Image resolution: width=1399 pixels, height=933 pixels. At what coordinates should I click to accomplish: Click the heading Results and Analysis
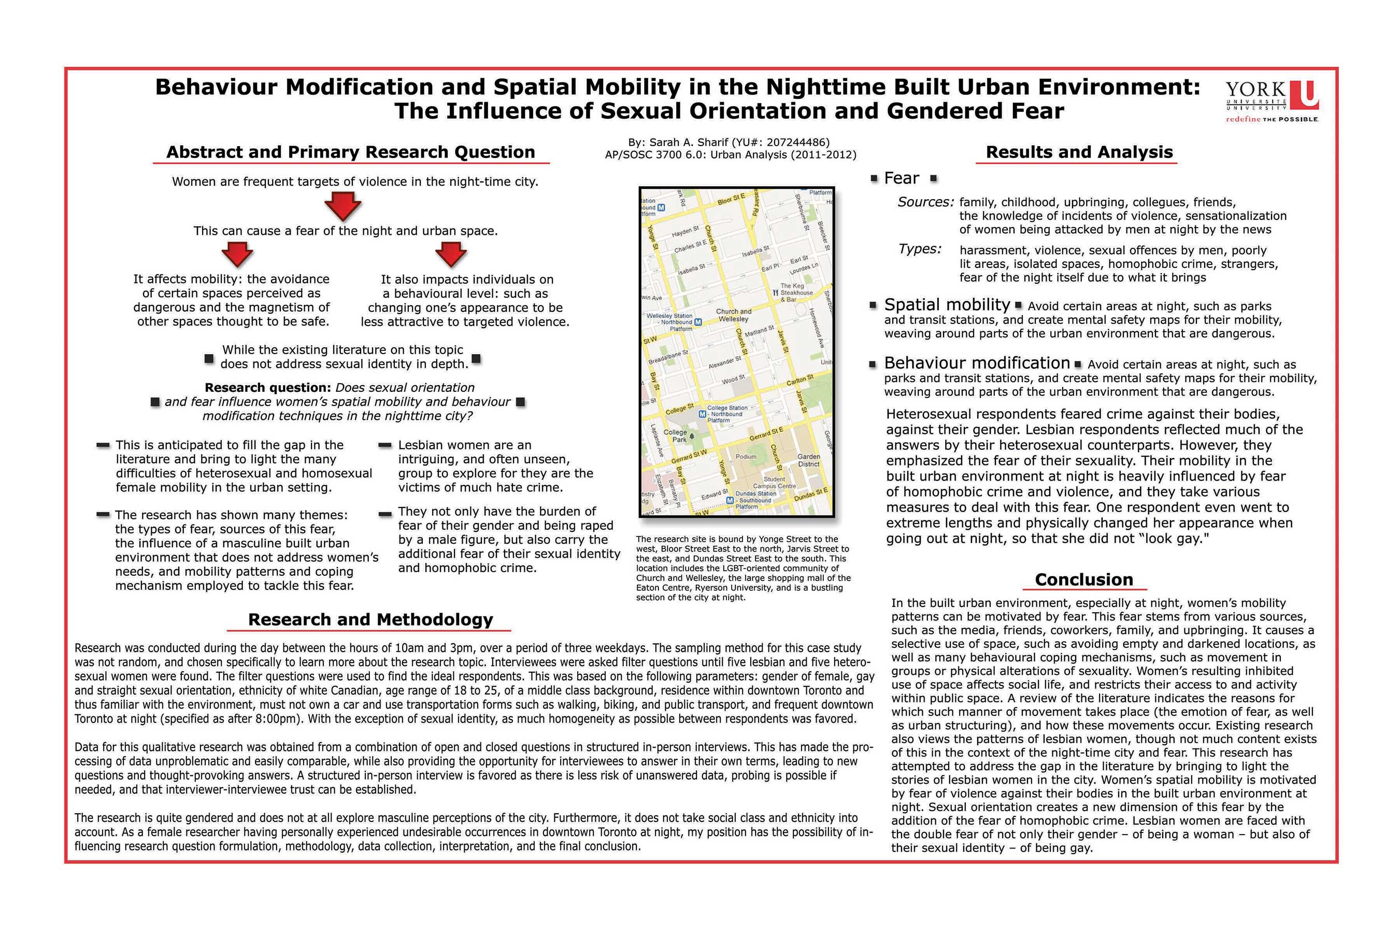click(x=1079, y=152)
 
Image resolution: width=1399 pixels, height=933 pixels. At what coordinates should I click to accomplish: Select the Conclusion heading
click(x=1084, y=579)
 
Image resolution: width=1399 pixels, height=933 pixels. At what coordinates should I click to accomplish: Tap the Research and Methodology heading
click(x=370, y=619)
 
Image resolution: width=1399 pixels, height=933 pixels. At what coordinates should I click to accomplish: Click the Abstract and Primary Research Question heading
click(x=350, y=152)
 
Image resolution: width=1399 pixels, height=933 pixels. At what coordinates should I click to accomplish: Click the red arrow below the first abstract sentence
click(x=342, y=206)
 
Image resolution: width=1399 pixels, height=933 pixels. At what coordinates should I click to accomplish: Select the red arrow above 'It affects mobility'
click(x=237, y=255)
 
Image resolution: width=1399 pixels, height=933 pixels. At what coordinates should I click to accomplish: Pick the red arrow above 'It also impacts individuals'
click(x=451, y=255)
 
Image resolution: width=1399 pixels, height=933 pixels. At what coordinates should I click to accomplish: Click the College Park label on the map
click(x=676, y=435)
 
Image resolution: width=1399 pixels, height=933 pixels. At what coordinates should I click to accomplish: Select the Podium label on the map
click(x=746, y=457)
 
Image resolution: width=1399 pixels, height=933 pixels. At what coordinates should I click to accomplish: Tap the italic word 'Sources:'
click(x=925, y=202)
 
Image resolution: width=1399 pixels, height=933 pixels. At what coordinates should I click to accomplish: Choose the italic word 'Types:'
click(x=920, y=249)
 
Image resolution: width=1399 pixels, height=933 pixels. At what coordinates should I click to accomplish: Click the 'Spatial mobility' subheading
click(x=947, y=305)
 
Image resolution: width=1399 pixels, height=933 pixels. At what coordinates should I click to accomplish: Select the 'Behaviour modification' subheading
click(x=977, y=363)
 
